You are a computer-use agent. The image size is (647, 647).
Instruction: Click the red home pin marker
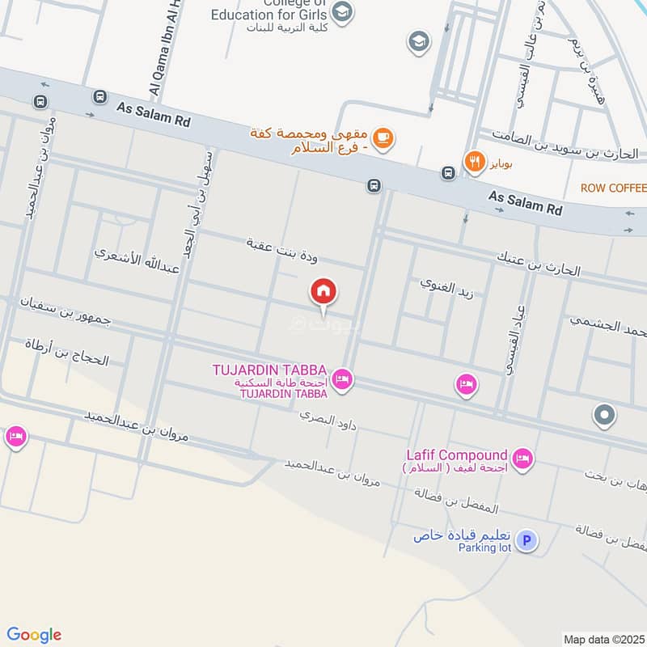click(323, 292)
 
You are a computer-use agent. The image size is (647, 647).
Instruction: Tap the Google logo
click(34, 635)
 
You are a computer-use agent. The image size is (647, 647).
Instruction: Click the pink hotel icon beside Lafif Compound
click(523, 459)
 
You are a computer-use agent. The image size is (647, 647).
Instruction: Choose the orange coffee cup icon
click(384, 139)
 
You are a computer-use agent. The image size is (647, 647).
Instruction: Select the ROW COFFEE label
click(613, 188)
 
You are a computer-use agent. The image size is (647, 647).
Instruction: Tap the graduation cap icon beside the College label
click(343, 12)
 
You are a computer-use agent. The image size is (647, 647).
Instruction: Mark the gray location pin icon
click(603, 416)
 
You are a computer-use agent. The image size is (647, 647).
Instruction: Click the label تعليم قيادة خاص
click(459, 537)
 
